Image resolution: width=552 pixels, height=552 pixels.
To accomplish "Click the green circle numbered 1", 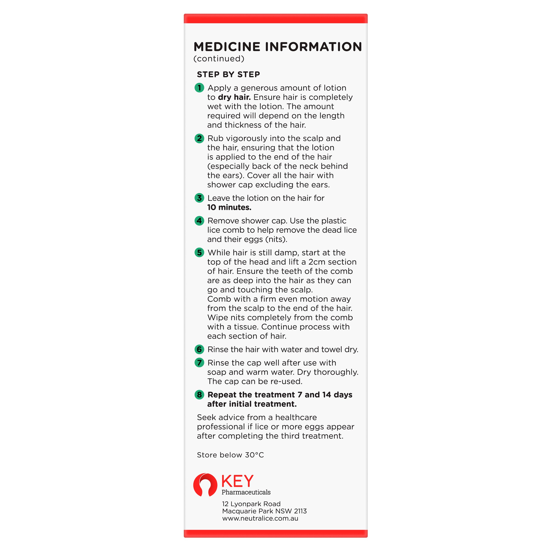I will (x=199, y=88).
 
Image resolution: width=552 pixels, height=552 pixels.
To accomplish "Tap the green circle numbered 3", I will (x=199, y=198).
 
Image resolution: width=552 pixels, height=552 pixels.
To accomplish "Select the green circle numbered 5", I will (x=199, y=253).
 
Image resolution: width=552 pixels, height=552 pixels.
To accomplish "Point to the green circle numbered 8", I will (x=199, y=395).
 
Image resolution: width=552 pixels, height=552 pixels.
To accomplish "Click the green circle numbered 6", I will (x=199, y=349).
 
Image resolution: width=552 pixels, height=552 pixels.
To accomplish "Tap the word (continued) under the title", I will (x=219, y=59).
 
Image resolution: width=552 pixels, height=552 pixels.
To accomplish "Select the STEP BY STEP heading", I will (x=228, y=75).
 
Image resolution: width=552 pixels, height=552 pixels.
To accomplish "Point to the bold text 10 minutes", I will (x=229, y=207).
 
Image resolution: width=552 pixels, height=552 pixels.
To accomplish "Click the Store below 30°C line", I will (x=230, y=455).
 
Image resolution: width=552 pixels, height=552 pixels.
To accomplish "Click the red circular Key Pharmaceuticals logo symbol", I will (x=205, y=485).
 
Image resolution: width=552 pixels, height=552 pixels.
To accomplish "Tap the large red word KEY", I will (x=237, y=481).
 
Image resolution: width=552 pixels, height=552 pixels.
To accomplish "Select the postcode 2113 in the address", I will (x=300, y=511).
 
